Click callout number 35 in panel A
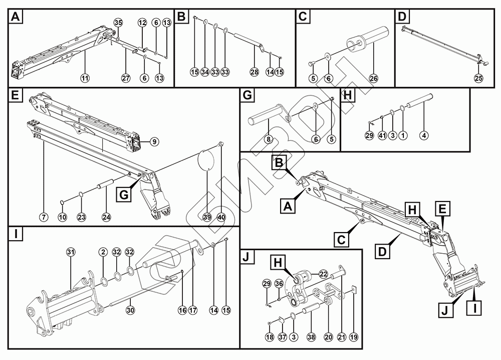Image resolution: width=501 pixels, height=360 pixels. [x=118, y=23]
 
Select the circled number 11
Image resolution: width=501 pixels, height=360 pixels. [x=85, y=78]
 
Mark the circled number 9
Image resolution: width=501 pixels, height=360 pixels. [x=154, y=142]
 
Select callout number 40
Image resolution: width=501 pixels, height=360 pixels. [x=220, y=217]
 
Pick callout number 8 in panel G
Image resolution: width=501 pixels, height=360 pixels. [x=269, y=140]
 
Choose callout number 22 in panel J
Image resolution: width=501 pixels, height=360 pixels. [x=324, y=274]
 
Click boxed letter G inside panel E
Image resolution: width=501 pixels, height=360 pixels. [x=124, y=195]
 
